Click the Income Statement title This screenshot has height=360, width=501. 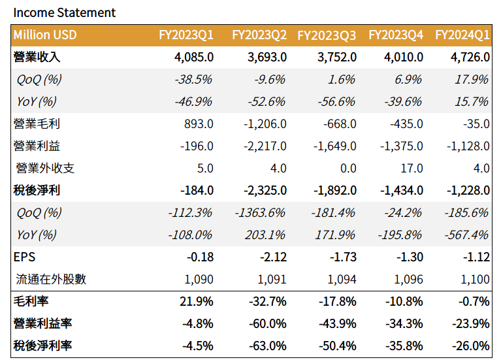coord(65,12)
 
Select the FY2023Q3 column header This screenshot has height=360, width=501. coord(327,35)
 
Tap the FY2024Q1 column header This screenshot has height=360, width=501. coord(462,35)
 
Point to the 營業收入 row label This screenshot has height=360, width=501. coord(37,57)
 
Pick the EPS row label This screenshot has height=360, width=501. coord(24,257)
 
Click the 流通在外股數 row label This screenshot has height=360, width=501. coord(51,280)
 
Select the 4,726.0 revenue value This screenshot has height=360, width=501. coord(470,57)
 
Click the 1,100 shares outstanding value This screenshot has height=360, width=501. coord(475,280)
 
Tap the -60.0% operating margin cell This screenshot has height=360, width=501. coord(268,324)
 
